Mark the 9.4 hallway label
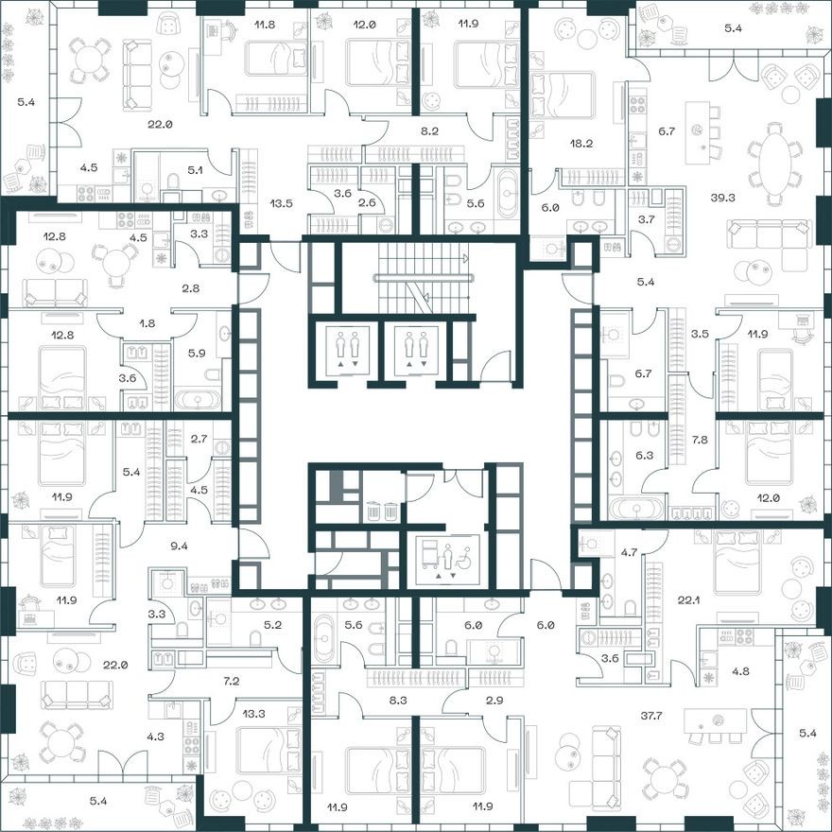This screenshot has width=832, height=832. pyautogui.click(x=178, y=545)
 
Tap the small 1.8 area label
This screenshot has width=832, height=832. pyautogui.click(x=147, y=322)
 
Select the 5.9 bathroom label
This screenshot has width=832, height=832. pyautogui.click(x=198, y=354)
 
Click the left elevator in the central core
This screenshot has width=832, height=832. pyautogui.click(x=347, y=349)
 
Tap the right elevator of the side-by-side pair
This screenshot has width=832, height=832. pyautogui.click(x=416, y=349)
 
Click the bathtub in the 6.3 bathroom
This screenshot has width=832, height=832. pyautogui.click(x=638, y=509)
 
